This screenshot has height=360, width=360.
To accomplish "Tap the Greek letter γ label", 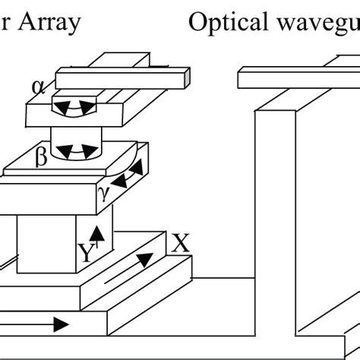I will (104, 194).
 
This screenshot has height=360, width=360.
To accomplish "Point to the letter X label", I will (180, 244).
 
